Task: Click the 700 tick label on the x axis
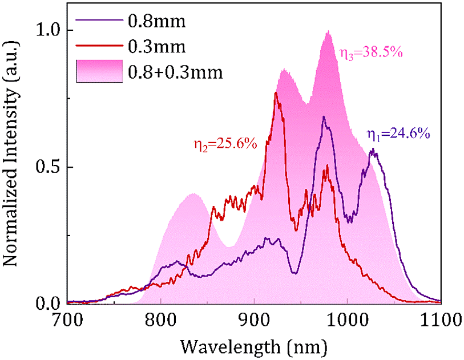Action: point(67,318)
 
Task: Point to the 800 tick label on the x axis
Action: point(161,318)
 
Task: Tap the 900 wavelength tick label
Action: point(254,318)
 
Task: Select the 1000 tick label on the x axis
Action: point(347,318)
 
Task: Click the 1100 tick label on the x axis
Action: point(439,318)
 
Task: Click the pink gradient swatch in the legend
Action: point(99,71)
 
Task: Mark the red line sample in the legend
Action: point(99,46)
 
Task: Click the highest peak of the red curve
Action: point(276,93)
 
